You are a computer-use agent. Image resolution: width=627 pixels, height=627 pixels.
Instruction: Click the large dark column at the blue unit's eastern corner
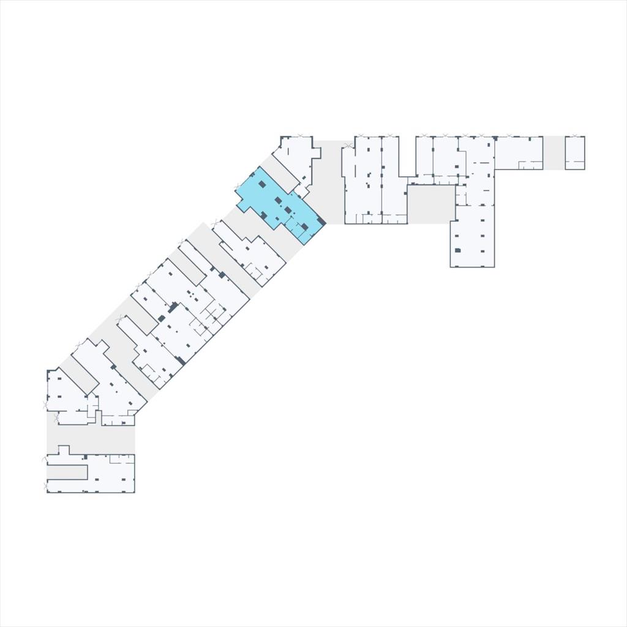[320, 220]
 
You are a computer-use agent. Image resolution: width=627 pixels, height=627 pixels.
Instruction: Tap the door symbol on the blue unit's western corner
[238, 186]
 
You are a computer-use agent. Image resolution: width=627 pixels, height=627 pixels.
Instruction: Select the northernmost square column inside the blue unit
[262, 184]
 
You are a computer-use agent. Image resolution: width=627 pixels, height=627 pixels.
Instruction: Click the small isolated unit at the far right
[574, 152]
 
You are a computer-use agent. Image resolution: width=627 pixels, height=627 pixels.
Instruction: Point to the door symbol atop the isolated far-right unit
[574, 135]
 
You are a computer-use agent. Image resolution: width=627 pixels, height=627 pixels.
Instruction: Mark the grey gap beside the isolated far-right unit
[554, 152]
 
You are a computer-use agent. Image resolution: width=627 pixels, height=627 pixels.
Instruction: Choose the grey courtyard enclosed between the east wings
[431, 204]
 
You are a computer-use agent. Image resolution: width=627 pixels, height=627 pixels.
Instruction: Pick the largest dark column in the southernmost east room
[457, 250]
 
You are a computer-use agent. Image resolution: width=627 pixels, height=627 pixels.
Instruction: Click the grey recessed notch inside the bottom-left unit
[67, 472]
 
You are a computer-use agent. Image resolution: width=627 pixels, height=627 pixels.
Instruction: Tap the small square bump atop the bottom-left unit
[62, 449]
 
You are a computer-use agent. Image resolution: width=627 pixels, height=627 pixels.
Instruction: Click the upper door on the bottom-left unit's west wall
[44, 458]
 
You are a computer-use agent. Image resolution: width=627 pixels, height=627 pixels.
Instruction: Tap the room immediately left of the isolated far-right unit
[518, 152]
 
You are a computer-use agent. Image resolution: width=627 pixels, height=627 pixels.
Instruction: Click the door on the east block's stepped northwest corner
[348, 146]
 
